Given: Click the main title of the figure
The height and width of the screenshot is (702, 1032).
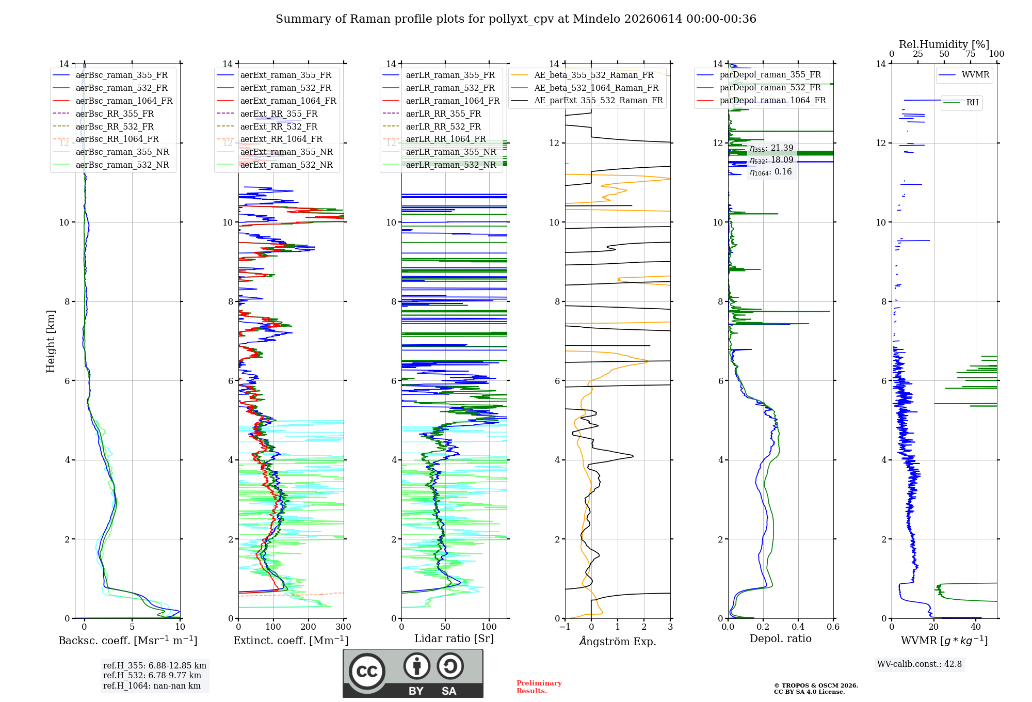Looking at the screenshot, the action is [x=516, y=19].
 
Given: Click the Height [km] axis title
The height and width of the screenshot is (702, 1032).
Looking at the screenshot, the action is [x=51, y=341].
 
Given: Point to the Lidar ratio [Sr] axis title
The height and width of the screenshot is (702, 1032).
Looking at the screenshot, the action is [x=454, y=639].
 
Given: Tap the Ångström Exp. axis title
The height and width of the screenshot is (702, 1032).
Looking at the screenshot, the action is [x=618, y=641].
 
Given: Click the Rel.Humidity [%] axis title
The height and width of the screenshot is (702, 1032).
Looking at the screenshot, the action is [x=944, y=44].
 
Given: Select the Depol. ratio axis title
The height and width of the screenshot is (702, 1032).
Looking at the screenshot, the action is [x=781, y=639].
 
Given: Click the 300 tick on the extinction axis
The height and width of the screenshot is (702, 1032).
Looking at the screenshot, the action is [x=344, y=627].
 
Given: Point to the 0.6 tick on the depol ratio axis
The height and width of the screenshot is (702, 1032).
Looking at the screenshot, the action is [x=833, y=627].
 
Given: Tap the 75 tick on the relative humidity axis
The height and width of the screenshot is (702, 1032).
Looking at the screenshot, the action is [x=971, y=54].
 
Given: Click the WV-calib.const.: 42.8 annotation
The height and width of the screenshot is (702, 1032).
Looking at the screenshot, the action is [x=920, y=664].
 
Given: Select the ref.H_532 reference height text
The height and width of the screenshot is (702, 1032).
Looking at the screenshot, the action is [x=152, y=675].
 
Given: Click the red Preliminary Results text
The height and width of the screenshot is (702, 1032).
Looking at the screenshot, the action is [x=539, y=687].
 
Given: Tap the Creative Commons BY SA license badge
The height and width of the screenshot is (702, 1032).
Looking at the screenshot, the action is [x=413, y=674].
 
